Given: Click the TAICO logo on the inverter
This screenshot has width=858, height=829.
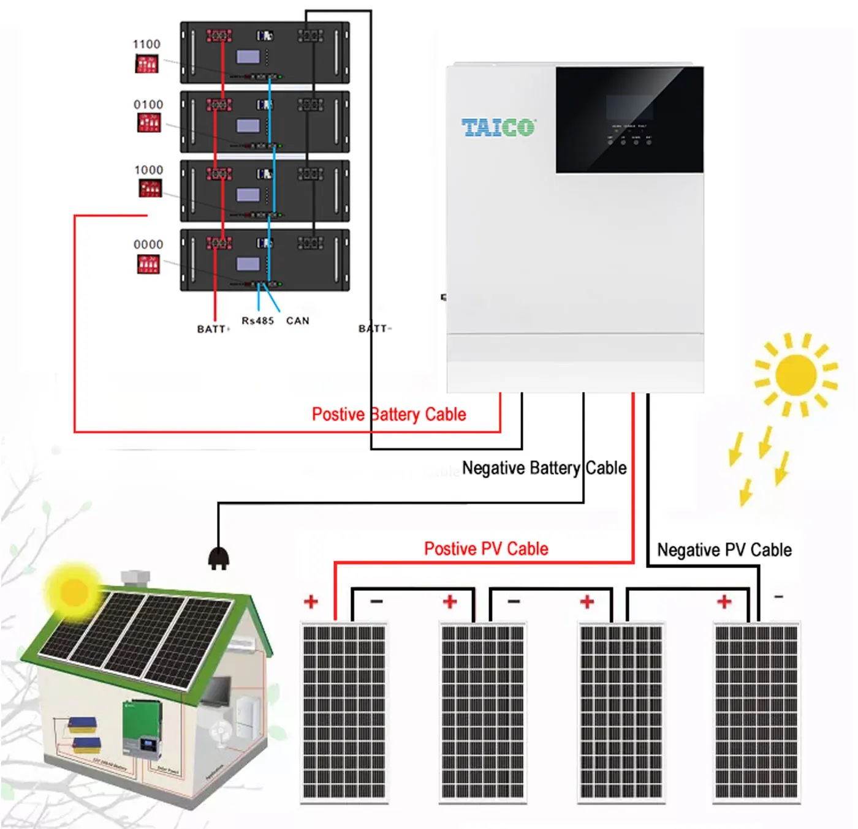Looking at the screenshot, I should (498, 128).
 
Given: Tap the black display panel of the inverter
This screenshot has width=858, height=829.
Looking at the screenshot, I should (629, 120).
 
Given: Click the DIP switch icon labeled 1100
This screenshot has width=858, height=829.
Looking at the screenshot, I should (146, 64).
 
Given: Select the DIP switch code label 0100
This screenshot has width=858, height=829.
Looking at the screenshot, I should (148, 105).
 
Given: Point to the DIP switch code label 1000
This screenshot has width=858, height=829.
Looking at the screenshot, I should (148, 170).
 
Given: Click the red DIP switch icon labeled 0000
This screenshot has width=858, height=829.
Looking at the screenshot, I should (148, 264).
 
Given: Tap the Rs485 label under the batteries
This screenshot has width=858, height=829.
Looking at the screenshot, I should (257, 321).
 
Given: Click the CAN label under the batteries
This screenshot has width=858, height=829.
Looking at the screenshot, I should (298, 321).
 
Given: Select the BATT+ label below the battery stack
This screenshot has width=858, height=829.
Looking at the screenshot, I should (213, 329).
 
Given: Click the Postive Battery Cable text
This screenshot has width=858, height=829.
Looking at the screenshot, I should (389, 414).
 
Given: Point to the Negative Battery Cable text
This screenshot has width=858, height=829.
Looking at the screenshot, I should (544, 468).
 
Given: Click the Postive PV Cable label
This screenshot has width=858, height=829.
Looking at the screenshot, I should (486, 549).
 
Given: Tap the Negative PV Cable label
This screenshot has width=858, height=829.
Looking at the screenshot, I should (724, 550).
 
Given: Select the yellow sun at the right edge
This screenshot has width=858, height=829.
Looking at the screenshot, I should (795, 374).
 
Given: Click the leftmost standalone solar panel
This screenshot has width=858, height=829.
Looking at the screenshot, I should (344, 712).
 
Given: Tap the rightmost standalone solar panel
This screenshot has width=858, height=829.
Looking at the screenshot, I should (756, 712).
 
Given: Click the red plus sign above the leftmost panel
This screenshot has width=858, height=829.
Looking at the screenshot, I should (311, 602).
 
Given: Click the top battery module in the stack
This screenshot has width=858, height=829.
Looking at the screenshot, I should (264, 53).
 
